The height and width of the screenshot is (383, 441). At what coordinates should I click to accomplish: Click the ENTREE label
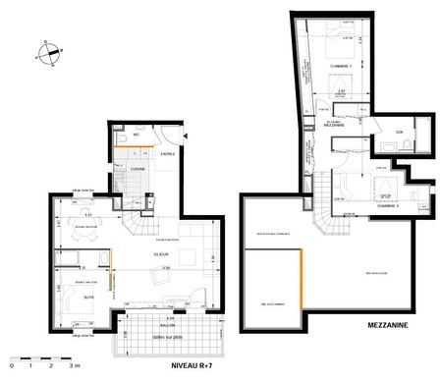click(x=168, y=155)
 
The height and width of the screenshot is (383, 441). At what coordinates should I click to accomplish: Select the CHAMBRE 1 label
click(x=340, y=68)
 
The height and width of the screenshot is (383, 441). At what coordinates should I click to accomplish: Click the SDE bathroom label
click(x=399, y=132)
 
